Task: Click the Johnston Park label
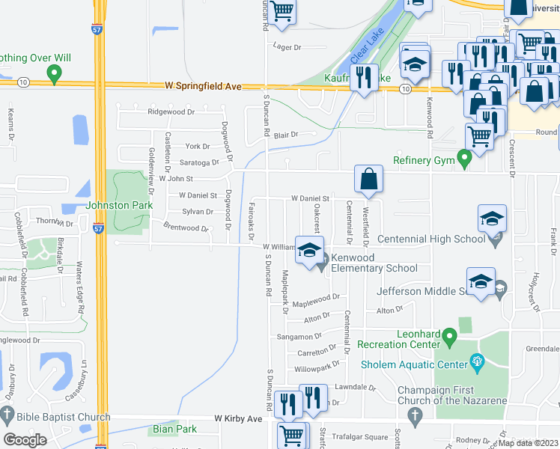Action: click(x=120, y=205)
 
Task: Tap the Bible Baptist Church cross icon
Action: click(x=7, y=414)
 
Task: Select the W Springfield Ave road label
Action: click(x=204, y=87)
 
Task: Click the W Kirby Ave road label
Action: click(x=238, y=419)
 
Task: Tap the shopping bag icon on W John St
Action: click(x=369, y=180)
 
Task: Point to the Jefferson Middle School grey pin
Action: click(x=501, y=286)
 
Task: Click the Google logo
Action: click(x=25, y=439)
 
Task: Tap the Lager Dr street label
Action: click(x=287, y=47)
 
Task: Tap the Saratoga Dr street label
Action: click(x=198, y=162)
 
